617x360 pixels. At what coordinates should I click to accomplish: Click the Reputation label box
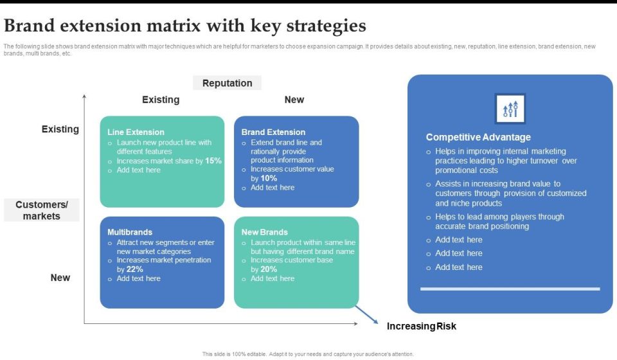point(227,83)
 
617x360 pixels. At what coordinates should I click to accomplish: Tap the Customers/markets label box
point(42,210)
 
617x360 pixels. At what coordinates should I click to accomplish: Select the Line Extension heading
point(136,132)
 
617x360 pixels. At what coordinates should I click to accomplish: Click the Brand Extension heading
point(273,132)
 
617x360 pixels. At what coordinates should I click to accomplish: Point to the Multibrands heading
point(130,232)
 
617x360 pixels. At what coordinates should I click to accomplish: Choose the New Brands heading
point(264,232)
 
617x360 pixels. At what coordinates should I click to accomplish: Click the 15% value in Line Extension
point(213,161)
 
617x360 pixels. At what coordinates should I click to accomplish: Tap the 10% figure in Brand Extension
point(269,178)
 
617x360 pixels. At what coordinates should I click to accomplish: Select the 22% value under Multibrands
point(134,269)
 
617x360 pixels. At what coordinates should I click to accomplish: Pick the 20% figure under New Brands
point(269,269)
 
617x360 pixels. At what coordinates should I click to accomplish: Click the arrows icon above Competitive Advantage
point(510,109)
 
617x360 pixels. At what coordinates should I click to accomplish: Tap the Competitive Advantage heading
point(478,137)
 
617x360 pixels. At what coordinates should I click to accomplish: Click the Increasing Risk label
point(422,326)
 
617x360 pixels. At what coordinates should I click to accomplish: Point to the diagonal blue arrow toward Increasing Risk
point(366,315)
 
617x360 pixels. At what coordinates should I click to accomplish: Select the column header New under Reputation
point(294,100)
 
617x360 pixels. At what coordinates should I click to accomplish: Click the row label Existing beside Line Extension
point(60,129)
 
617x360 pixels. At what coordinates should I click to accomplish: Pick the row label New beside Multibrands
point(60,277)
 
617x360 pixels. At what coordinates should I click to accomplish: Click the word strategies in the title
point(326,26)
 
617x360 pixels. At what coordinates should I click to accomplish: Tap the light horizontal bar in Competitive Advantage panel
point(510,289)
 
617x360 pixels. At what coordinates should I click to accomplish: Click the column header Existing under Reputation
point(161,100)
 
